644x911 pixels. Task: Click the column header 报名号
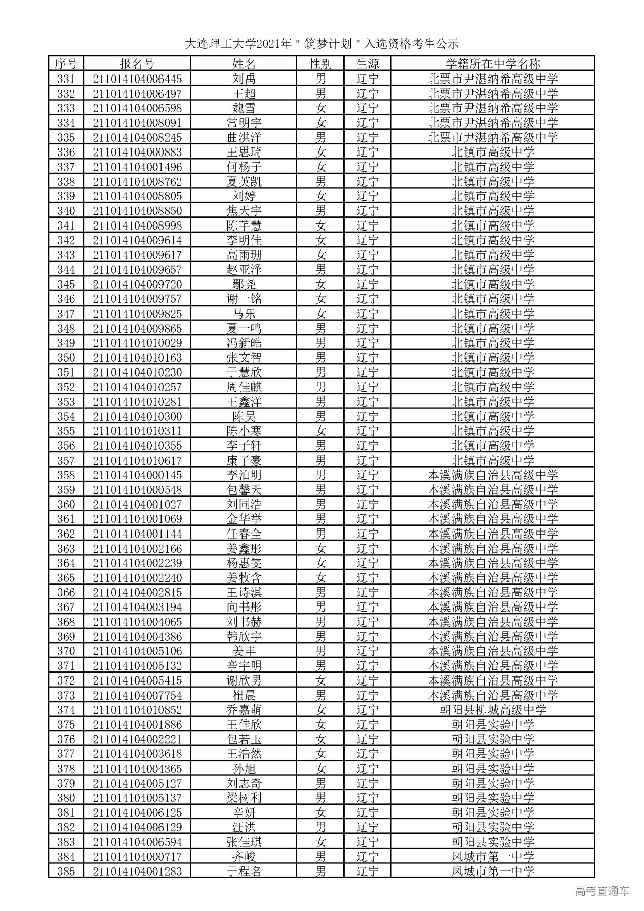(x=137, y=64)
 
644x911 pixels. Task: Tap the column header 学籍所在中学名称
(x=493, y=64)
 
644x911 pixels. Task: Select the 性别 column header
(x=320, y=64)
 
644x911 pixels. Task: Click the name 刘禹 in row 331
(x=244, y=79)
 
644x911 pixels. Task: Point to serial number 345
(x=66, y=284)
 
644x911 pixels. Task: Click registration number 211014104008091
(x=137, y=123)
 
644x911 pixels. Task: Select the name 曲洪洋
(x=244, y=137)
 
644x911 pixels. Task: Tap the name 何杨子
(x=244, y=167)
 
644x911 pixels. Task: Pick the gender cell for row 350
(x=320, y=358)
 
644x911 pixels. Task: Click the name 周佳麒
(x=244, y=387)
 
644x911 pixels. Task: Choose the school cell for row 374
(x=493, y=710)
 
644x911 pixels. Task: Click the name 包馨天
(x=244, y=490)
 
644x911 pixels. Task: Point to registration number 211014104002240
(x=137, y=578)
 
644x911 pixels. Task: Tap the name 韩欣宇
(x=244, y=637)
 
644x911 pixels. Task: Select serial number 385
(x=66, y=871)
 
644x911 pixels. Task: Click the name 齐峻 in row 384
(x=244, y=857)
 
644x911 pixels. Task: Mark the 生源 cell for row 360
(x=367, y=504)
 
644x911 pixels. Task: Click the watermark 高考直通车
(x=602, y=891)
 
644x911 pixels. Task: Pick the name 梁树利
(x=244, y=798)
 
